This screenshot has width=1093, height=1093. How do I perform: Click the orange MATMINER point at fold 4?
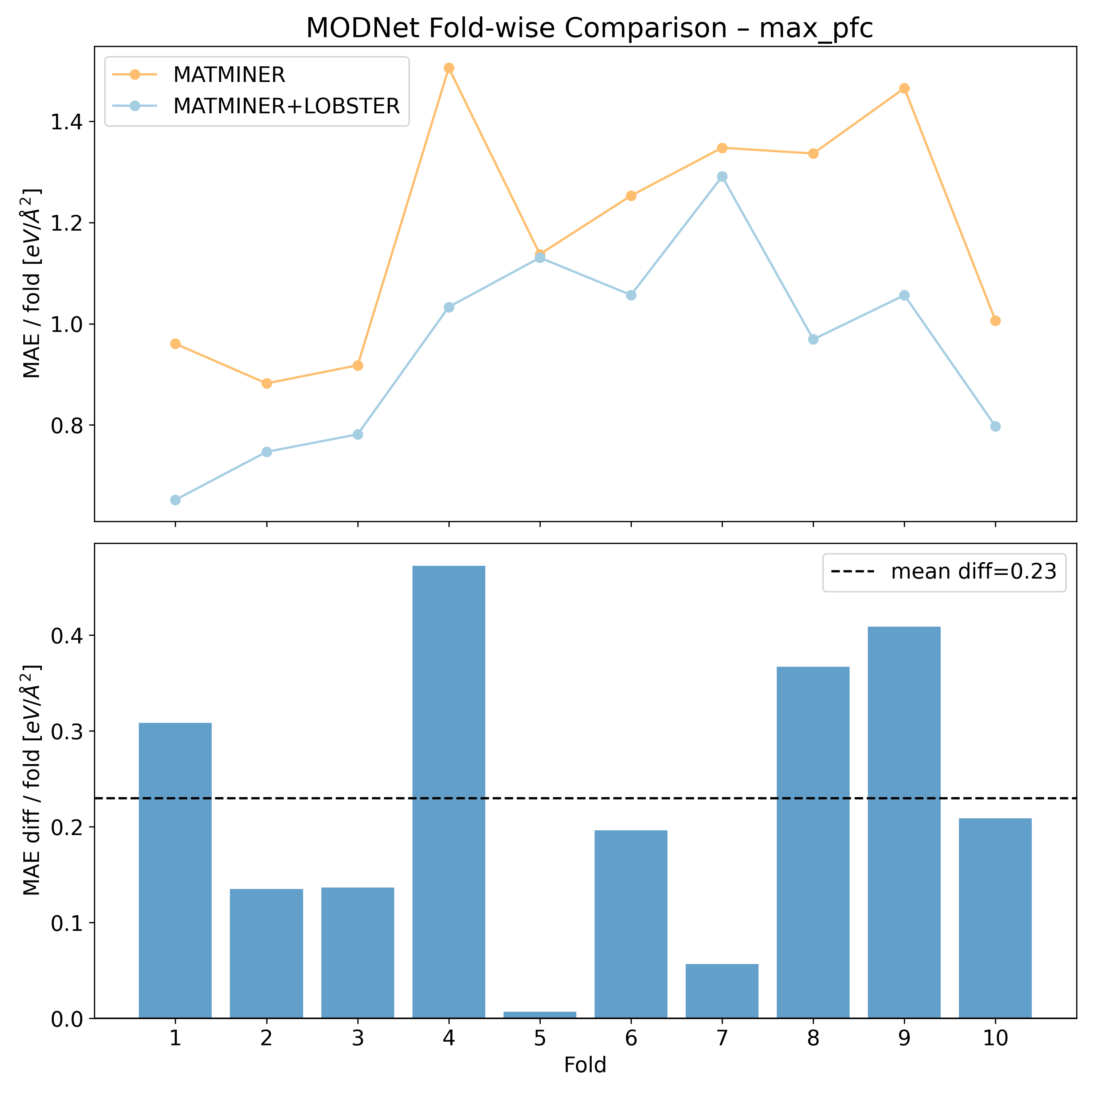coord(448,68)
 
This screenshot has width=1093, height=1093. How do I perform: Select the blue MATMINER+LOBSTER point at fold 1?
coord(175,500)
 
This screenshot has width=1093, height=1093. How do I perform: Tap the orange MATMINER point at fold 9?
coord(904,88)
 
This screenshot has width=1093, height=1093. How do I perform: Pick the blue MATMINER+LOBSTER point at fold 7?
coord(722,176)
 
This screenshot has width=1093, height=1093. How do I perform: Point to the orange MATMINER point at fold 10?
coord(995,321)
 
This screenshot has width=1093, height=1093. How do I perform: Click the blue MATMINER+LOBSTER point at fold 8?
coord(813,340)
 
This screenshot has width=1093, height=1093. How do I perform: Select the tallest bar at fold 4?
coord(448,792)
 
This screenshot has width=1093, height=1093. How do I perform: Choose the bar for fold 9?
coord(904,820)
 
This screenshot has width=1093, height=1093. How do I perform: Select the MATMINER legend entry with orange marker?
coord(229,75)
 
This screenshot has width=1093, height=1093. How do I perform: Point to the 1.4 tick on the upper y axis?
coord(66,122)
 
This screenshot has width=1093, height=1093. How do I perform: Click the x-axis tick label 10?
coord(995,1038)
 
